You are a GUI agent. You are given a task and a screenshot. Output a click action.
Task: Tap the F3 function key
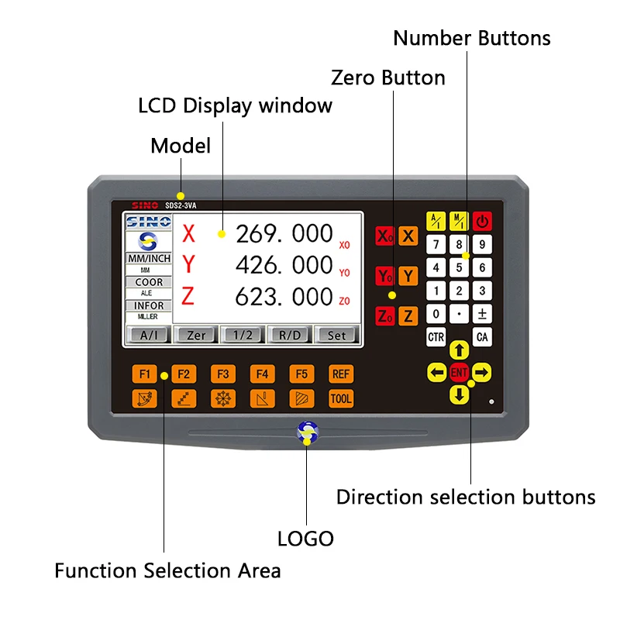(x=223, y=374)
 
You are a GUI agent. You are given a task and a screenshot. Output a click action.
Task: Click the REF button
(x=341, y=374)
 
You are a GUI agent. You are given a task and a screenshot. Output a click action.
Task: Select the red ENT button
(x=460, y=373)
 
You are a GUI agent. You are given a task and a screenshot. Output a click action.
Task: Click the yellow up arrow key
(x=460, y=350)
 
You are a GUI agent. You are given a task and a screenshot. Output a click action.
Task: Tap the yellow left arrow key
(x=437, y=373)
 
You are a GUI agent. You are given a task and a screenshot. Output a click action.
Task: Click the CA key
(x=482, y=337)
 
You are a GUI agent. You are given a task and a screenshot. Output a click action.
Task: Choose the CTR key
(x=436, y=337)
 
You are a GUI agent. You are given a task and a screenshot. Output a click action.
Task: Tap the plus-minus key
(x=482, y=314)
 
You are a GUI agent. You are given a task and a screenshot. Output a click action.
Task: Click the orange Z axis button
(x=408, y=315)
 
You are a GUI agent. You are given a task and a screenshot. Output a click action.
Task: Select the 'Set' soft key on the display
(x=337, y=335)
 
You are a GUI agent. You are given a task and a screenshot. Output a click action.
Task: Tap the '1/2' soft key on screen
(x=242, y=335)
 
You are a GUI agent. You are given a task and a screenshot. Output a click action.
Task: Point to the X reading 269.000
(x=284, y=233)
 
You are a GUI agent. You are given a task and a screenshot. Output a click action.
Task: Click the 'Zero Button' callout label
(x=387, y=77)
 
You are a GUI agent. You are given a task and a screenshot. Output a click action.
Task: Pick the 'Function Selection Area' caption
(x=167, y=571)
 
